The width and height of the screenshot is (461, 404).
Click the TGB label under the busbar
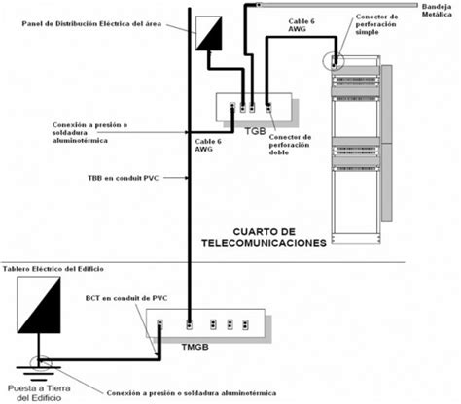pos(255,131)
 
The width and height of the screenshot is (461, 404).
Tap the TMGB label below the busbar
pos(195,347)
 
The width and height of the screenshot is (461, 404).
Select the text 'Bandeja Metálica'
pos(437,11)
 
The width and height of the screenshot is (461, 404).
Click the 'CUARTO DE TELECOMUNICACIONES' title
pos(264,237)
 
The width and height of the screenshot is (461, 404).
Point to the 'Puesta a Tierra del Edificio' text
pos(39,393)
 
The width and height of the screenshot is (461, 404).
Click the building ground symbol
pos(39,373)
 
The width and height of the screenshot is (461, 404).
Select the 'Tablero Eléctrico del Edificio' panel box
pos(39,305)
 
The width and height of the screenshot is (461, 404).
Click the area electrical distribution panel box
pos(209,33)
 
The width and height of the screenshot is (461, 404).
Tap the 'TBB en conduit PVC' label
pos(124,178)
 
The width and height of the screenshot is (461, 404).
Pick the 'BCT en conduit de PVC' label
pos(126,298)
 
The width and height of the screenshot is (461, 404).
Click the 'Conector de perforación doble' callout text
pos(290,145)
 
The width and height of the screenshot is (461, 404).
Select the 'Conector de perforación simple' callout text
pos(376,24)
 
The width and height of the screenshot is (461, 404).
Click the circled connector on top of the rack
pos(334,60)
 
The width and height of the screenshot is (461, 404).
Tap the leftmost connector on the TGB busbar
pos(232,107)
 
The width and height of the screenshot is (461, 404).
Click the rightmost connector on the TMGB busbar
pos(245,324)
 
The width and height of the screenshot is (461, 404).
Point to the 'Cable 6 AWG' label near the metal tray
pos(301,25)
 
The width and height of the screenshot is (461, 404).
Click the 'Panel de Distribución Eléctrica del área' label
pos(91,23)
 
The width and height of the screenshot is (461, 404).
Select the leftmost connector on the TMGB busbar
pos(160,324)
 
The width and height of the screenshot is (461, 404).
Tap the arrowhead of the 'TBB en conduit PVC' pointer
pos(186,178)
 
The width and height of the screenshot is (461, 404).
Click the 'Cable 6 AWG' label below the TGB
pos(208,145)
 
